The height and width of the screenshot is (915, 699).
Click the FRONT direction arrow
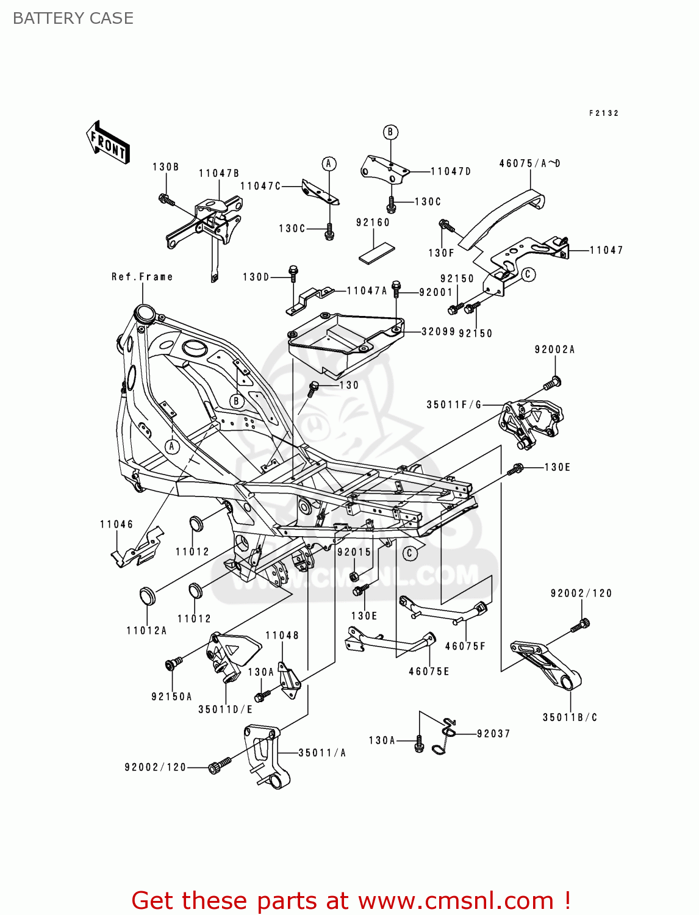coord(108,142)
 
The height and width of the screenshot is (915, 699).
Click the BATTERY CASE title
coord(73,18)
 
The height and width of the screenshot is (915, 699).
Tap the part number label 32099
coord(438,332)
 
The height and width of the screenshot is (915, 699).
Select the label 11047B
coord(219,173)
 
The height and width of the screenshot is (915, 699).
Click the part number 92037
coord(493,734)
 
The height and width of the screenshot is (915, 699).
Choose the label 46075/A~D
coord(529,163)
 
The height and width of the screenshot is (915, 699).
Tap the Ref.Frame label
coord(142,277)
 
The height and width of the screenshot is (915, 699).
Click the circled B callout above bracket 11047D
coord(390,132)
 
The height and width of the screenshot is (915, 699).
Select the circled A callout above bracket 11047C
coord(329,163)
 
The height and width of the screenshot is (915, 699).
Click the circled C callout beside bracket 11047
coord(528,274)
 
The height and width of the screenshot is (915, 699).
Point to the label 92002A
coord(554,350)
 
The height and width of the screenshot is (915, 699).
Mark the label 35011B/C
coord(570,717)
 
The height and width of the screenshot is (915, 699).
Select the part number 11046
coord(116,525)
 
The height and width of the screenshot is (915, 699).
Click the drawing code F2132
coord(604,113)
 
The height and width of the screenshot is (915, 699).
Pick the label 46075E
coord(429,672)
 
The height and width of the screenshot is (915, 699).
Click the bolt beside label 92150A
coord(173,664)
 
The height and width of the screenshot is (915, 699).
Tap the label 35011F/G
coord(454,404)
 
